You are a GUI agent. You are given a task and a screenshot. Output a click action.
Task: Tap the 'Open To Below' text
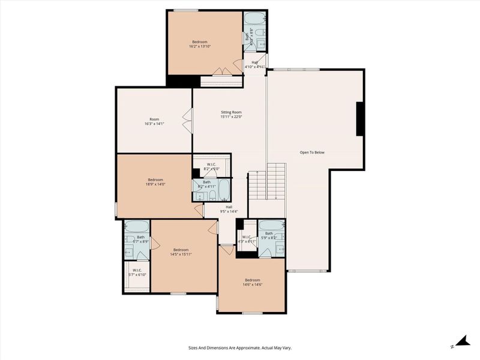(312, 152)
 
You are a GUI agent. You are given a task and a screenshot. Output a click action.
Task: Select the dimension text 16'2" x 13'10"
(200, 46)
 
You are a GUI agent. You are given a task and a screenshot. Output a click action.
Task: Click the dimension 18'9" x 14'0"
(155, 184)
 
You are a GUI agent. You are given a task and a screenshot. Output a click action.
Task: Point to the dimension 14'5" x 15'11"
(181, 254)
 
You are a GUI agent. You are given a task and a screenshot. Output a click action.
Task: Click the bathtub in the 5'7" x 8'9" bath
(136, 227)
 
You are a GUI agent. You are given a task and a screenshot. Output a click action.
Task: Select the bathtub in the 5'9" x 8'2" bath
(271, 226)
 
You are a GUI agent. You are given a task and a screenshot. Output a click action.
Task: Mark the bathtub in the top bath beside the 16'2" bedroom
(255, 18)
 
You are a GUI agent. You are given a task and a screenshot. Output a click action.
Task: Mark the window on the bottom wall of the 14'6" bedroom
(252, 313)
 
